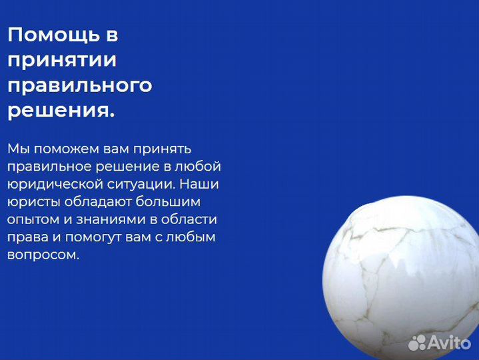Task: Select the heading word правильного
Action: (79, 85)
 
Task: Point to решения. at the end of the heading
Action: (61, 111)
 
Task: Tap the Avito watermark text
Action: (450, 343)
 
